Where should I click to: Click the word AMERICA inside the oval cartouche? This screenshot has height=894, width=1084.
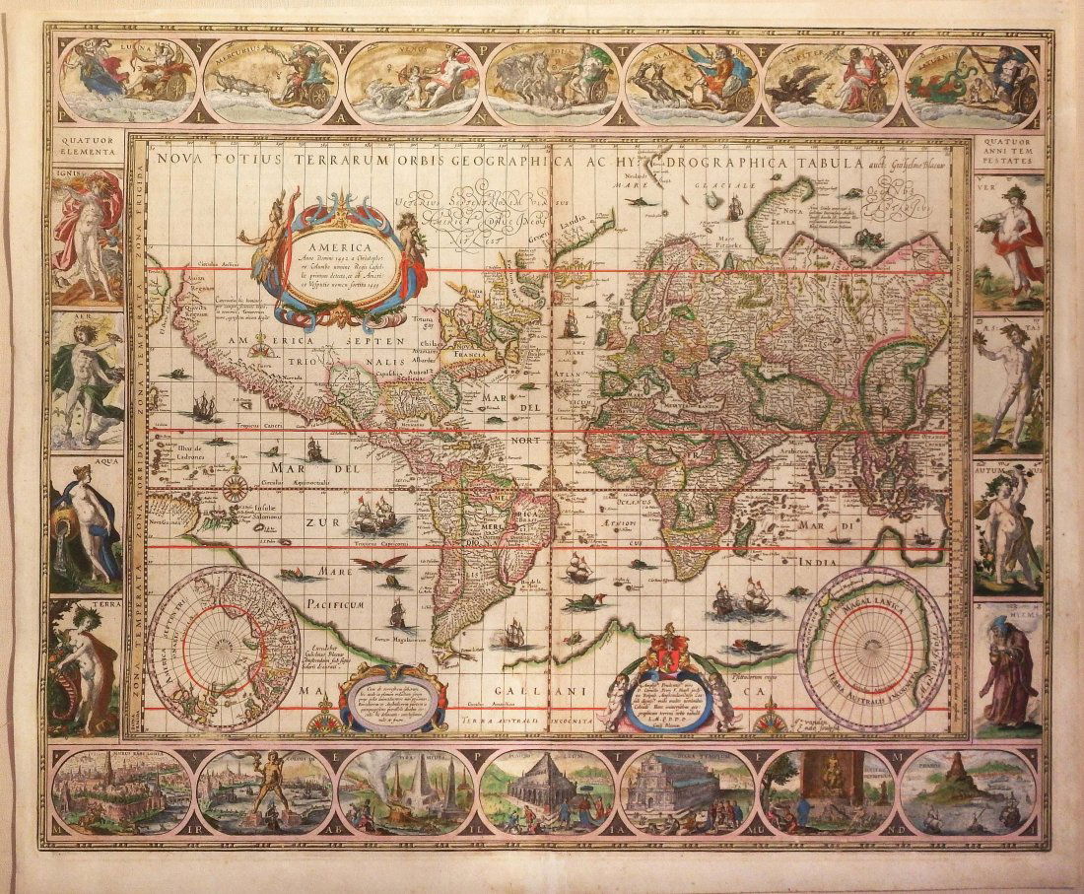coord(337,248)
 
